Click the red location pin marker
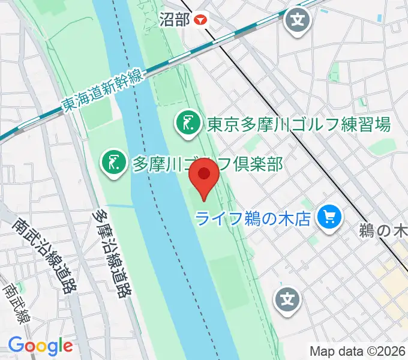tap(203, 180)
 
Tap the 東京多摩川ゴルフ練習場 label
tap(299, 125)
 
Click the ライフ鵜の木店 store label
tap(255, 217)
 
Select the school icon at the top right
tap(298, 20)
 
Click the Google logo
tap(40, 346)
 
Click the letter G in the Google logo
tap(16, 345)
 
